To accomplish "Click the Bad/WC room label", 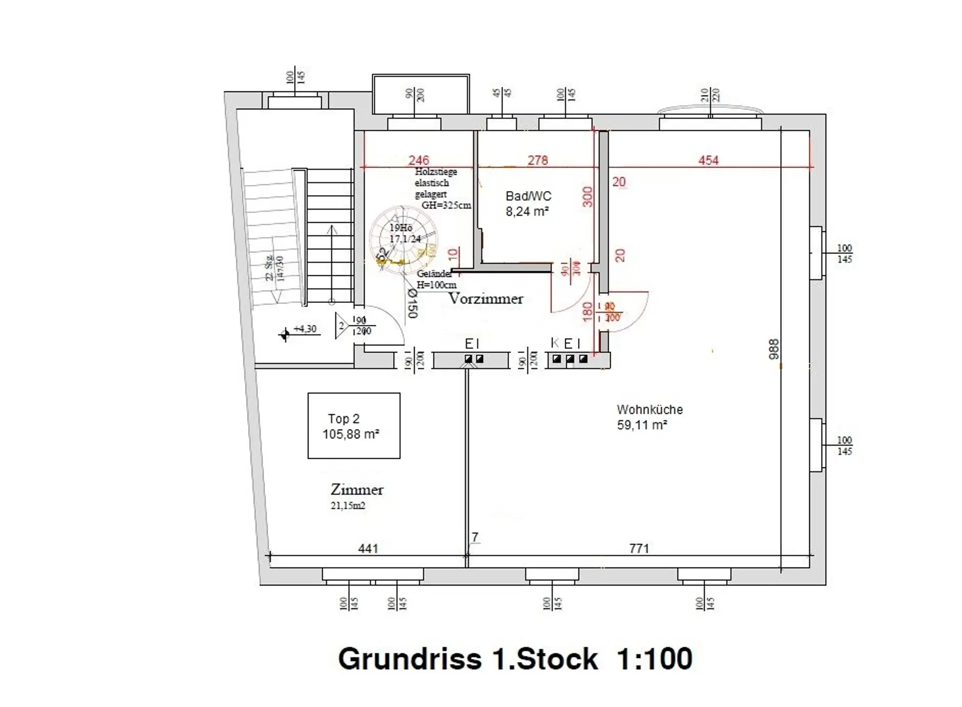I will tap(528, 196).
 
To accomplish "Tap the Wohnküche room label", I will tap(649, 410).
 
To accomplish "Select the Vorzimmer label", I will tap(486, 299).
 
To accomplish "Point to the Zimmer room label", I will tap(357, 490).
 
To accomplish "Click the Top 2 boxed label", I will tap(354, 426).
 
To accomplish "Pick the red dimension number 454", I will tap(708, 160).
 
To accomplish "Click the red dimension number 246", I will tap(418, 160).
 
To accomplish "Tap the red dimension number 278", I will tap(537, 160).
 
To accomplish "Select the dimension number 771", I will tap(639, 549).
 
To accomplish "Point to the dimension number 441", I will tap(368, 549).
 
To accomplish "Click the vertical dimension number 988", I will tap(774, 349).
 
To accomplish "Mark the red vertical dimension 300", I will tap(588, 197).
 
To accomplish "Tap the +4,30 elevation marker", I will tap(305, 329).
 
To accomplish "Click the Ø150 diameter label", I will tap(412, 303).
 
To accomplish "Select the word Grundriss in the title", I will tap(409, 658).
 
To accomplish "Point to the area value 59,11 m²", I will tap(642, 425).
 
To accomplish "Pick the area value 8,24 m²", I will tap(527, 212).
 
